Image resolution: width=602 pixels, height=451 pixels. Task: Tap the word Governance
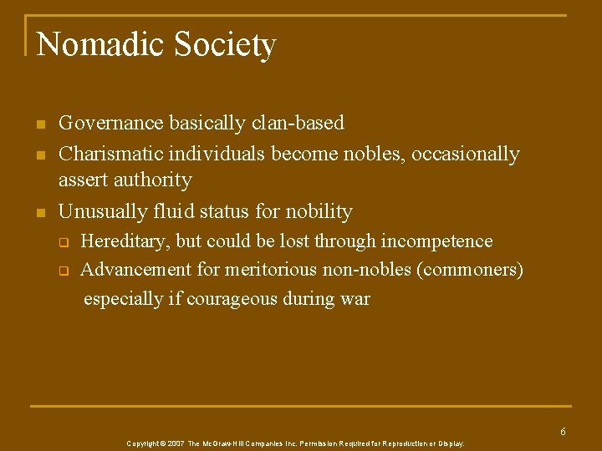click(111, 124)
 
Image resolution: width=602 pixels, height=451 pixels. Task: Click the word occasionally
click(466, 155)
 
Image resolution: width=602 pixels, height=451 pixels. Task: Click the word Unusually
click(99, 211)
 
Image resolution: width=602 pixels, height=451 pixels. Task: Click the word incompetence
click(436, 241)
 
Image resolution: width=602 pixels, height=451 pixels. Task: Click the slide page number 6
click(563, 432)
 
